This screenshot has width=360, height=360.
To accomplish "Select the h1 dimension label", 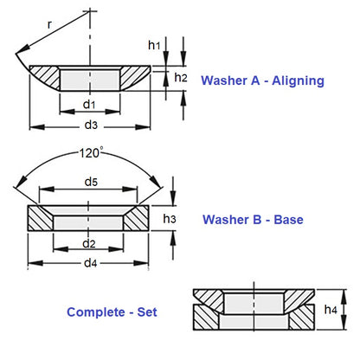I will [x=154, y=44].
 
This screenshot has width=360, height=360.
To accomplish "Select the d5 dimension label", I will [x=92, y=183].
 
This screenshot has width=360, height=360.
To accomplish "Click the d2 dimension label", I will [x=89, y=243].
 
